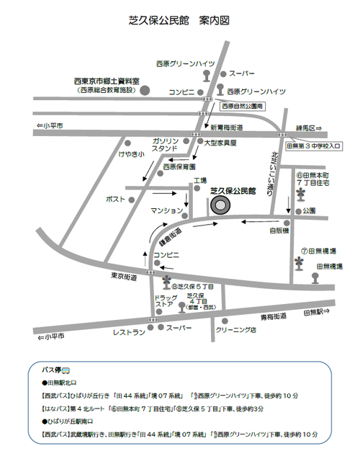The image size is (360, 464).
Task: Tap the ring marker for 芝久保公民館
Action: tap(220, 205)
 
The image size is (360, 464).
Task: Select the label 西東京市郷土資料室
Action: tap(106, 81)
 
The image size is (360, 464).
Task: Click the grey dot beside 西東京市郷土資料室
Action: tap(144, 90)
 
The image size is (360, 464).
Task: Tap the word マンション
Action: tap(164, 210)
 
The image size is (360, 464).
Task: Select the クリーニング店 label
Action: tap(235, 330)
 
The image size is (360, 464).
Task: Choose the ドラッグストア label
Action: tap(165, 301)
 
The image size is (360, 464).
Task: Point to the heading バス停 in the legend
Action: tap(55, 368)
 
